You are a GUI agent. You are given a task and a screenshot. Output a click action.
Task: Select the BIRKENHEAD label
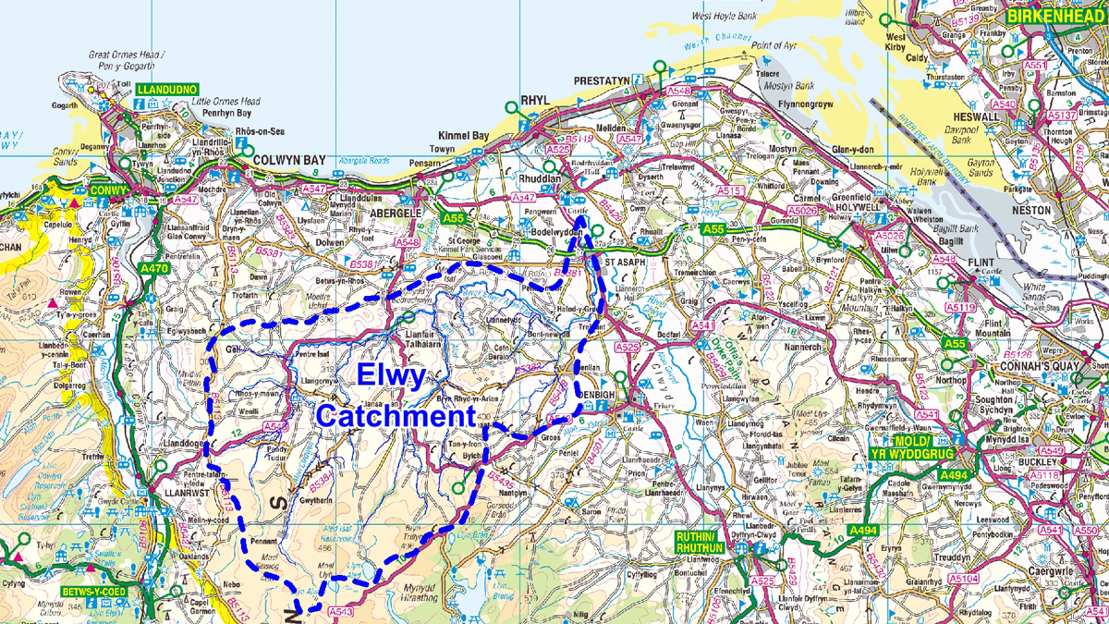(1057, 17)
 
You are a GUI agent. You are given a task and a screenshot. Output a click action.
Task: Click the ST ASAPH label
(628, 262)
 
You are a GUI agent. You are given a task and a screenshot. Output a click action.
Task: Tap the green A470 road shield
(153, 269)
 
